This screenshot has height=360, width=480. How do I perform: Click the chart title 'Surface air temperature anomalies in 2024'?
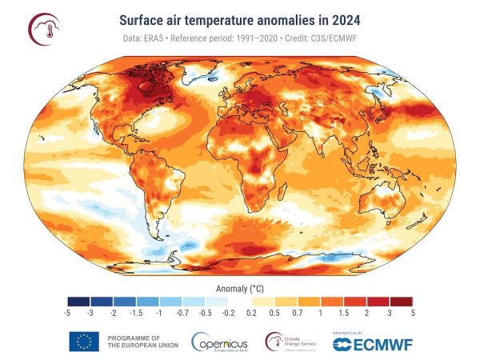[x=240, y=18]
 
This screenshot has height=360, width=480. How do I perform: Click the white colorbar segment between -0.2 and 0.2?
[x=240, y=301]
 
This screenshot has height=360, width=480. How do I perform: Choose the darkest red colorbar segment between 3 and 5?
[x=401, y=301]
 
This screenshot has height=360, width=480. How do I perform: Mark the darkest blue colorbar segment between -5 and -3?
[x=79, y=301]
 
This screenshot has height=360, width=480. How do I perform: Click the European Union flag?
[x=84, y=342]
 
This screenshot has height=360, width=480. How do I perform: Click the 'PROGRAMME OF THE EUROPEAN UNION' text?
[x=133, y=342]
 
